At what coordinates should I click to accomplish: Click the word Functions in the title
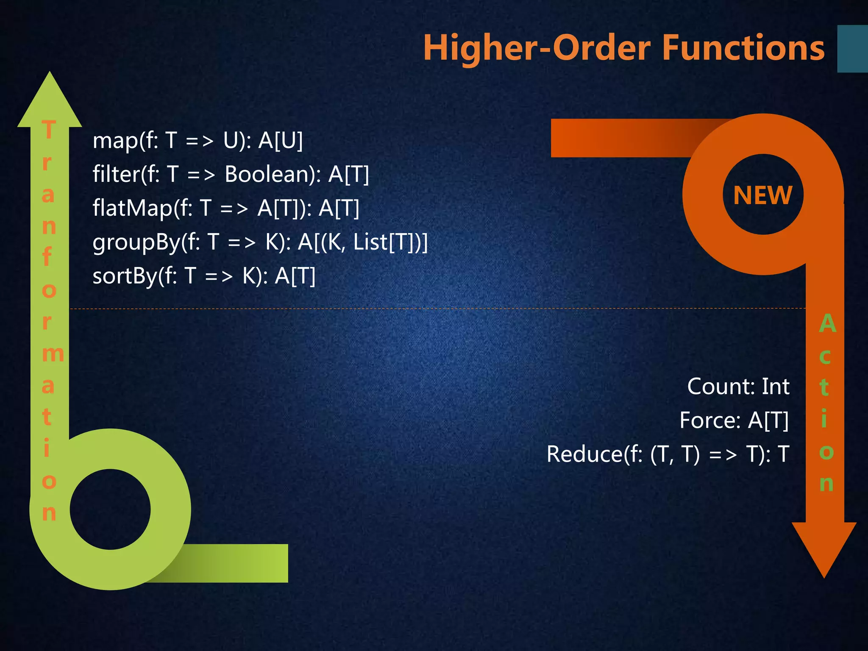click(x=743, y=48)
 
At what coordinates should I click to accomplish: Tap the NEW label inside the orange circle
click(x=762, y=195)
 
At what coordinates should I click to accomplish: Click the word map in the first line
click(x=111, y=141)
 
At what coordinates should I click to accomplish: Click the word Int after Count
click(x=776, y=387)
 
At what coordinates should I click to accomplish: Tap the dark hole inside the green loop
click(x=110, y=509)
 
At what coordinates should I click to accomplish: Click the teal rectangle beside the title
click(x=852, y=49)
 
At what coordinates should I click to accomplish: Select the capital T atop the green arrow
click(x=49, y=129)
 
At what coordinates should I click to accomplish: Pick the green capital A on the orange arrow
click(x=827, y=324)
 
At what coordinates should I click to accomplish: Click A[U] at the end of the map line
click(x=281, y=141)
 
